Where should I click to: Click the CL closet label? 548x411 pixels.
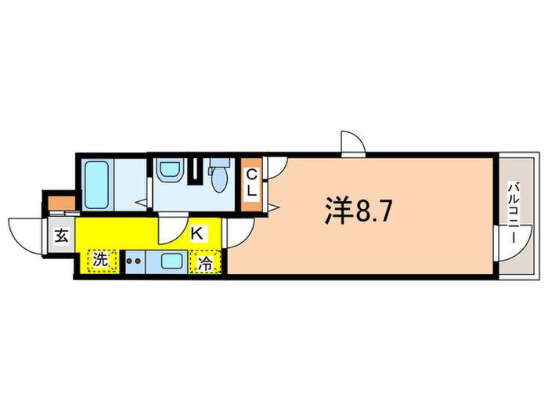[253, 184]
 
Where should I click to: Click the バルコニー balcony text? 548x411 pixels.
[514, 212]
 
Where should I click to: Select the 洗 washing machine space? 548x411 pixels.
[102, 260]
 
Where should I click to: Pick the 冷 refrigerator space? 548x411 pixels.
[205, 263]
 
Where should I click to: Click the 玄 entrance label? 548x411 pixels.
[60, 235]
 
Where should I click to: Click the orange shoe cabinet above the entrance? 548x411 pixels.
[59, 205]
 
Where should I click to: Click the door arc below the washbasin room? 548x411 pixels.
[169, 229]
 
